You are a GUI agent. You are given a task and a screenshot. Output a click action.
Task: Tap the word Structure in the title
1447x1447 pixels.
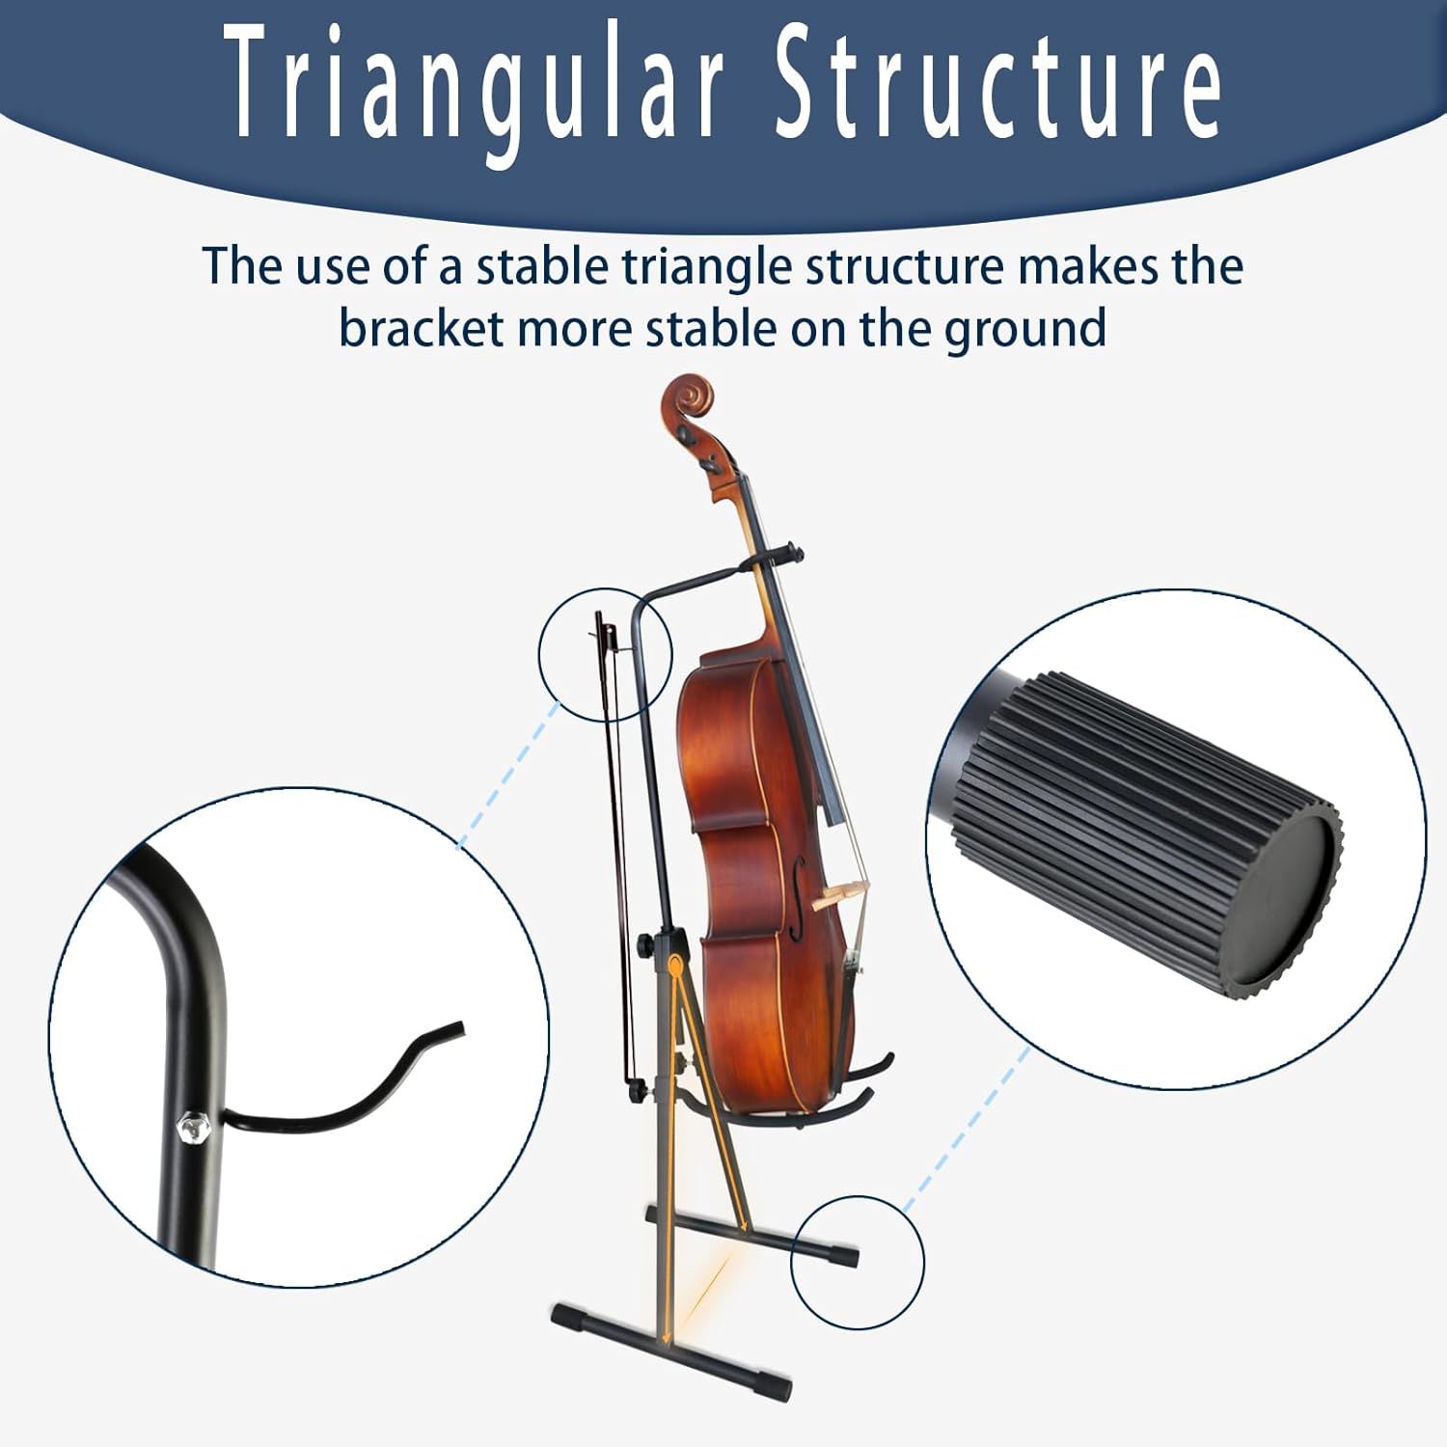click(x=999, y=82)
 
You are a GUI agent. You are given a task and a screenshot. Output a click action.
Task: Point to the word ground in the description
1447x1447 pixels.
click(x=1024, y=331)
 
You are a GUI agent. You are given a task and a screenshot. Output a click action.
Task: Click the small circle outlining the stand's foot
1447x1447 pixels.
click(x=857, y=1263)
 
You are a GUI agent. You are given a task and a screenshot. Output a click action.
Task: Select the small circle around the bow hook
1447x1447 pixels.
click(x=604, y=654)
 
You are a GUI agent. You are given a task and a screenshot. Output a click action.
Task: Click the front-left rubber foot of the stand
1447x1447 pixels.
click(x=569, y=1317)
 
